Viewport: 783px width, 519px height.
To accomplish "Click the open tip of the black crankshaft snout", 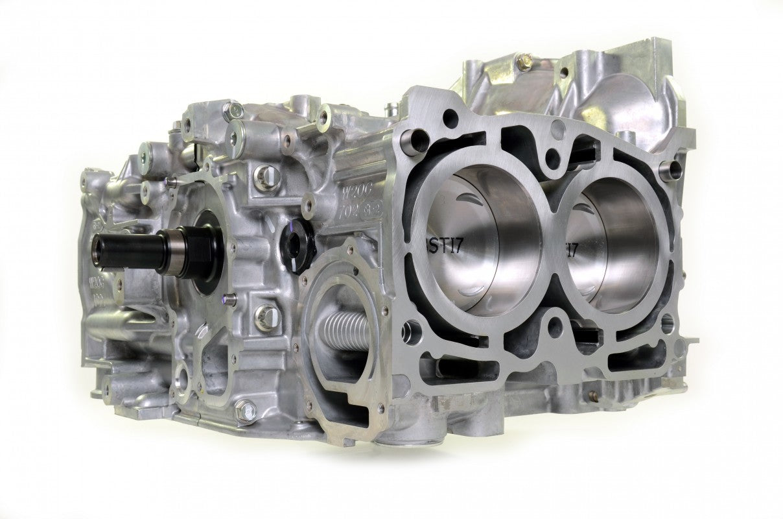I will point(99,250).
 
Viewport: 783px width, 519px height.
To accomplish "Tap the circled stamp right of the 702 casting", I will point(372,211).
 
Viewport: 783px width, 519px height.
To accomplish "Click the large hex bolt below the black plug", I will point(266,316).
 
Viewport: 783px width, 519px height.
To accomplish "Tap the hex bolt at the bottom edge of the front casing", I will point(244,409).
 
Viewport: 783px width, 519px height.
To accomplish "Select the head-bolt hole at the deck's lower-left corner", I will point(409,332).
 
